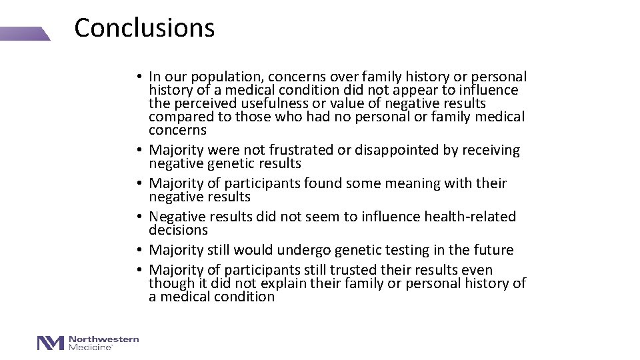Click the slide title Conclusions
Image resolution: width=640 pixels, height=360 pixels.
[144, 28]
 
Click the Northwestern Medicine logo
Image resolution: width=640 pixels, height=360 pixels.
[88, 343]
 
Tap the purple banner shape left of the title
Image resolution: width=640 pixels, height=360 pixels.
[25, 34]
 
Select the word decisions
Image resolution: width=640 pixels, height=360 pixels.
[178, 230]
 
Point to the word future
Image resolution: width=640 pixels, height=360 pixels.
[491, 250]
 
